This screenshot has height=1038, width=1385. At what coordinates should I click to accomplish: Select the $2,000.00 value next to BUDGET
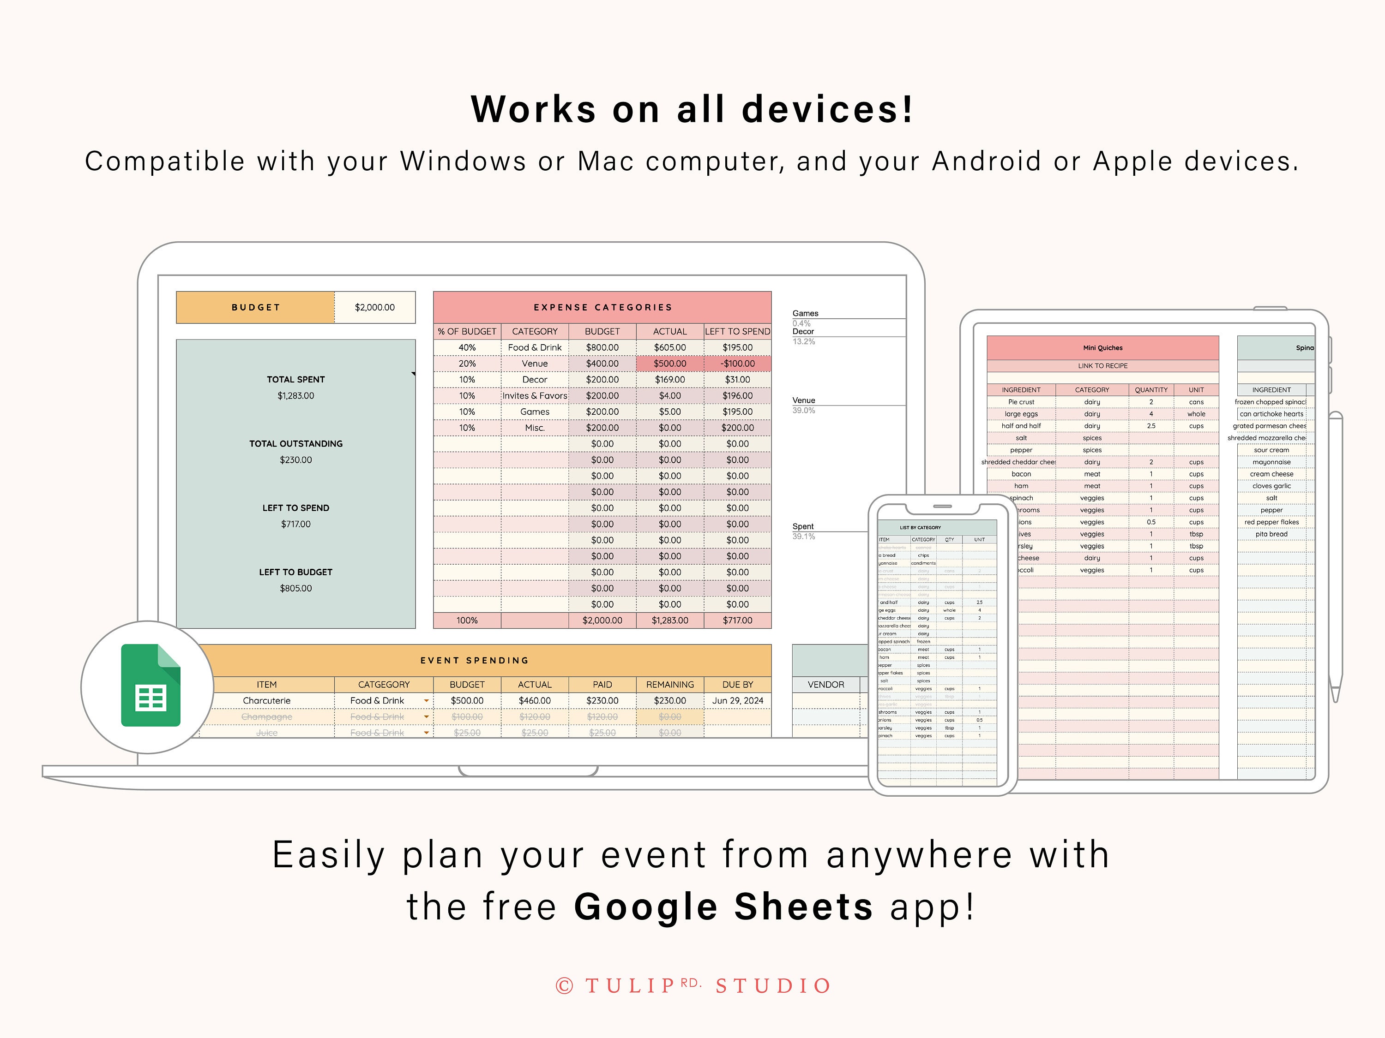pos(374,307)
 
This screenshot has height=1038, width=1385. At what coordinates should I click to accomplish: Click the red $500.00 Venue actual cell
pos(669,364)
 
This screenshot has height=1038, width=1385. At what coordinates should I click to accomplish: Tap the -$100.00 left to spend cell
pos(737,364)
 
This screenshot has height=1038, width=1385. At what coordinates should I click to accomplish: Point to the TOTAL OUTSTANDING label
pos(295,444)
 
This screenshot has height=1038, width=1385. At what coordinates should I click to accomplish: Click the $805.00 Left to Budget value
pos(295,588)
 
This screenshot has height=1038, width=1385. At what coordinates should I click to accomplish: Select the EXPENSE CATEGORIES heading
pos(602,307)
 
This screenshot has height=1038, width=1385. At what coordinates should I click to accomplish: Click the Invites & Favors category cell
pos(535,395)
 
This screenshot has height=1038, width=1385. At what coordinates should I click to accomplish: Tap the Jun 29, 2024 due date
pos(737,701)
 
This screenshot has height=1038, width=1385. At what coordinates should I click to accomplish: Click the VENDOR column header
pos(825,685)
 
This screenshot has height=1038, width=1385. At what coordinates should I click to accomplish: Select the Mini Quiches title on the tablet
pos(1102,348)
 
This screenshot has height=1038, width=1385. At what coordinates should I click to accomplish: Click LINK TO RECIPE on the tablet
pos(1102,366)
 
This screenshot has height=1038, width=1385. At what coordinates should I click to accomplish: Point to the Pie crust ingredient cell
pos(1021,402)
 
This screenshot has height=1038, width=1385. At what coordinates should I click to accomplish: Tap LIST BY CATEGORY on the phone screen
pos(920,527)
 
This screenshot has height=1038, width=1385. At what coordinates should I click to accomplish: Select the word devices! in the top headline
pos(827,110)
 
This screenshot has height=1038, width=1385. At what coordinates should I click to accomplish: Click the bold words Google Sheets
pos(723,907)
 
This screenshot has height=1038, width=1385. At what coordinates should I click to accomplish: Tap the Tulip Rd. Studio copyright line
pos(692,986)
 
